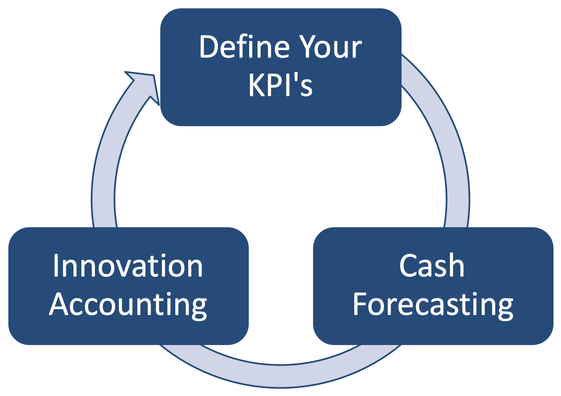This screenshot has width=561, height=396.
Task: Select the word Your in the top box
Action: pos(330,47)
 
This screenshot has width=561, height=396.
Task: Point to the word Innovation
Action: pos(128,265)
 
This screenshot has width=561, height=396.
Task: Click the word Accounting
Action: pos(128,305)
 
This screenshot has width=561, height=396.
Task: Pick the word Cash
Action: pos(432,265)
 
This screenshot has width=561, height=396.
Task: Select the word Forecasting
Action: pos(433,305)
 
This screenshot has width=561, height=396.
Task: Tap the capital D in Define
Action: pos(210,47)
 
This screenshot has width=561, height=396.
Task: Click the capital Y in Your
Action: pos(309,47)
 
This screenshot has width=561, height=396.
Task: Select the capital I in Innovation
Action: pos(56,265)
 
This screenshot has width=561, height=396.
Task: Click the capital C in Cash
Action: pos(409,265)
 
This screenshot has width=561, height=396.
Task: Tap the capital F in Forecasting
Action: pos(360,304)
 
